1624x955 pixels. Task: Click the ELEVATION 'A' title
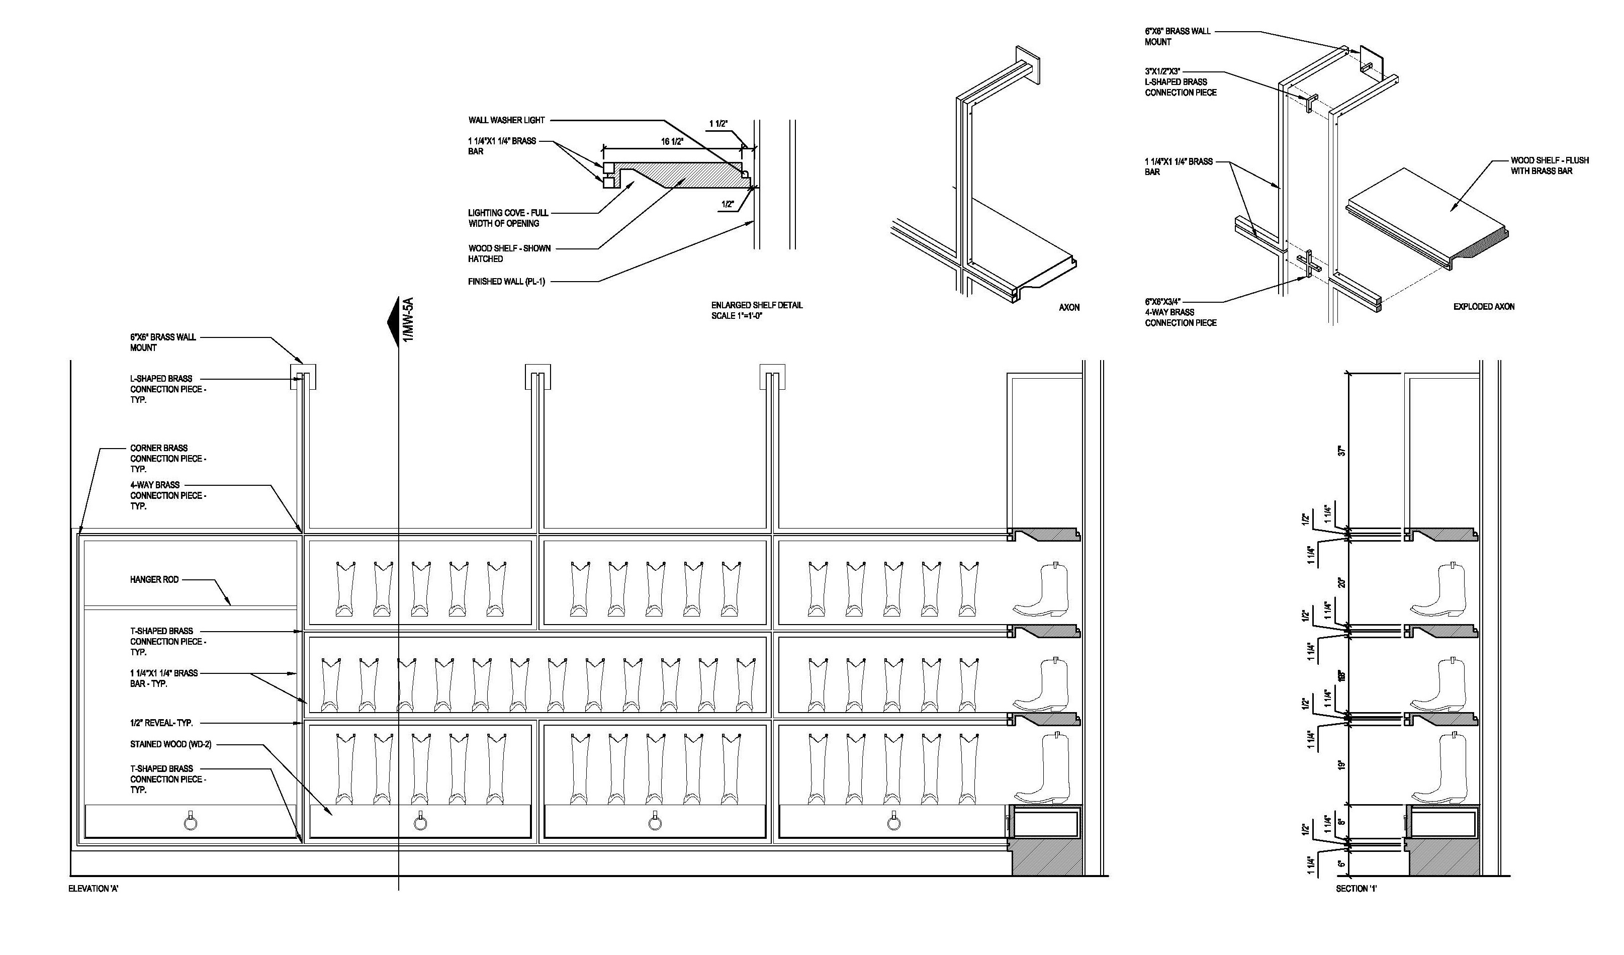[x=94, y=889]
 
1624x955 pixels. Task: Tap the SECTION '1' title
[x=1357, y=889]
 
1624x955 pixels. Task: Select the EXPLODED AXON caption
[x=1484, y=307]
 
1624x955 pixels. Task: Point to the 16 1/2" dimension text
[x=672, y=141]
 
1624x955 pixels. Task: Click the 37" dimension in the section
[x=1342, y=451]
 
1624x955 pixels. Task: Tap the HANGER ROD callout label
[x=154, y=579]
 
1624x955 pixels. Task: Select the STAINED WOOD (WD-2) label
[x=171, y=744]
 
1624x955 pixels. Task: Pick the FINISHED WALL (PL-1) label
[x=506, y=282]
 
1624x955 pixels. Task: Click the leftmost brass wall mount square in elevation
[x=304, y=377]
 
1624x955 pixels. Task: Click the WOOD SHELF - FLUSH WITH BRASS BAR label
[x=1549, y=165]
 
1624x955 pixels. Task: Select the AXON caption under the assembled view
[x=1069, y=307]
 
